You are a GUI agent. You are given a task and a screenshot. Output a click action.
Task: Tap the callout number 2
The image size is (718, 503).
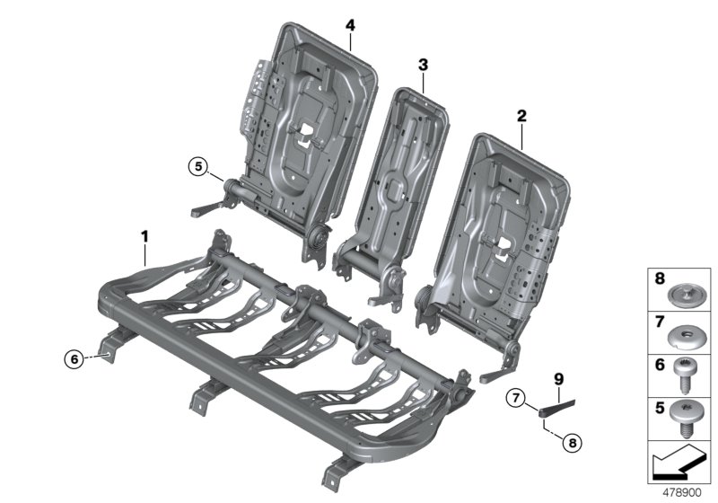coord(521,116)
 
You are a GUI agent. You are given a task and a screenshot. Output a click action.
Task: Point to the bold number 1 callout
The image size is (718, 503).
coord(144,236)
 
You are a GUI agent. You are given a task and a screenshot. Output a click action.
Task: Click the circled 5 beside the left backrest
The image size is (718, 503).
coord(197,165)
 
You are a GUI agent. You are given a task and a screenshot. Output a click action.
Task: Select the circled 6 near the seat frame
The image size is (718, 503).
coord(76,359)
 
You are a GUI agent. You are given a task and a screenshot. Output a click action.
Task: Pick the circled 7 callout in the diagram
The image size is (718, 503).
coord(516,397)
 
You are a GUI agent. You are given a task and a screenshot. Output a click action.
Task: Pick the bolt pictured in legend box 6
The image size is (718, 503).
coord(686,375)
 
